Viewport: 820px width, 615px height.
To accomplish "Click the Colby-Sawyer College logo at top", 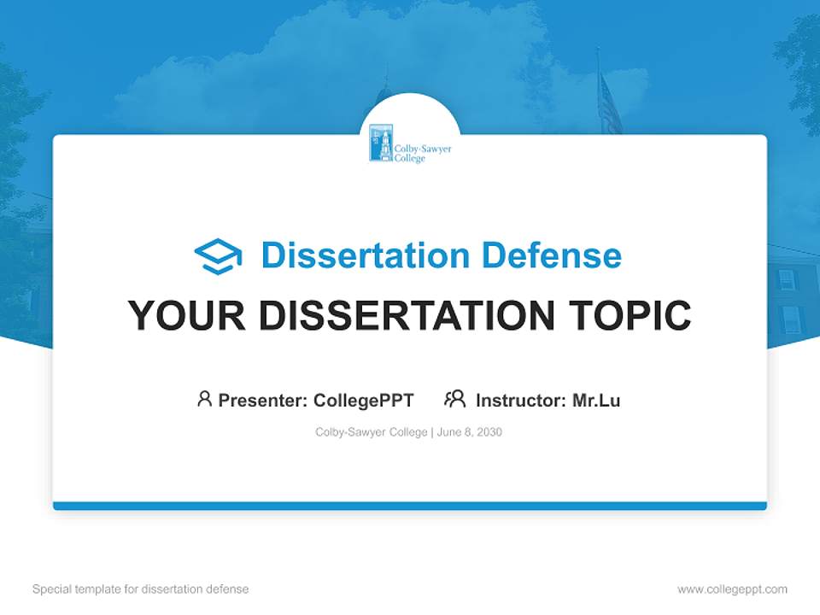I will click(410, 144).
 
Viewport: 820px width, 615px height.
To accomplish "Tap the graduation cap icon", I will click(219, 256).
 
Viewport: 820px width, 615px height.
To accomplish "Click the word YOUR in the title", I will click(176, 316).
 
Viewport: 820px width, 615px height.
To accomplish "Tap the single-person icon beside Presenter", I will click(204, 399).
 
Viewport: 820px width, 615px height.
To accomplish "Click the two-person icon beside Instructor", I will click(454, 399).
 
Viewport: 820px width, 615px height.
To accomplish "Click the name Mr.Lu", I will click(596, 400).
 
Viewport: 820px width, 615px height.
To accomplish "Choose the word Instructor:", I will click(521, 400).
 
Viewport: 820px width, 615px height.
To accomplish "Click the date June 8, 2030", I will click(470, 432).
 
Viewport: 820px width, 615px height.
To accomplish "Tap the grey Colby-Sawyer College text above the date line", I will click(371, 432).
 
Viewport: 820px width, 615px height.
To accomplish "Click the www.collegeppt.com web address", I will click(732, 589).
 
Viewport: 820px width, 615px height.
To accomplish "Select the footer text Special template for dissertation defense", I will click(140, 589).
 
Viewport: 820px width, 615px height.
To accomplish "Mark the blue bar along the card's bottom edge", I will click(410, 506).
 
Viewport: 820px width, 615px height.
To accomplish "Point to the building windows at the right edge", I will click(790, 299).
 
